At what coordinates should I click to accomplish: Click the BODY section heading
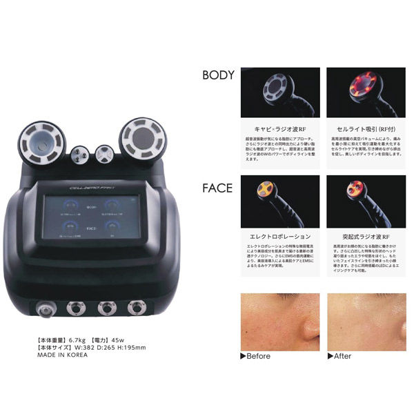tap(217, 75)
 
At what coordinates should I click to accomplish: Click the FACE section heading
tap(216, 187)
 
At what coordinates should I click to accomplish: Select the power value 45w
tap(137, 339)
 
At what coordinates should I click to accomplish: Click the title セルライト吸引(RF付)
tap(357, 128)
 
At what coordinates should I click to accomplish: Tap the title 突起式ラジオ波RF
tap(357, 235)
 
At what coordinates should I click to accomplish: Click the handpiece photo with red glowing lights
tap(357, 92)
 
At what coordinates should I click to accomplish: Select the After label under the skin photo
tap(342, 357)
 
